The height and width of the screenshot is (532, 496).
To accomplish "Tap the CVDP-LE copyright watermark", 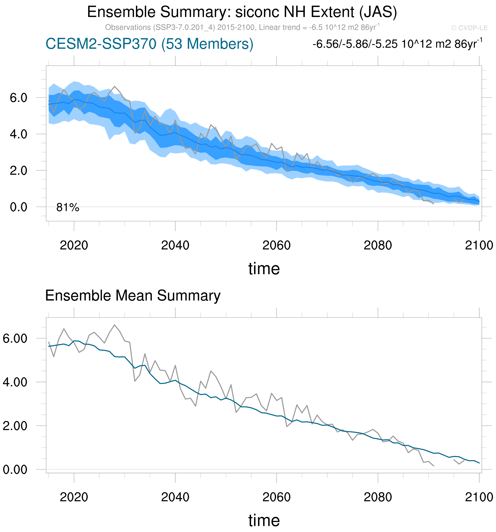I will (469, 28).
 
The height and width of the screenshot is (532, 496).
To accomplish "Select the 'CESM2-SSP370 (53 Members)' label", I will (149, 44).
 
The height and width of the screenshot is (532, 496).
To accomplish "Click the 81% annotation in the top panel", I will (68, 207).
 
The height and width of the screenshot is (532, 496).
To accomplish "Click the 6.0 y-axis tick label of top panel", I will (18, 98).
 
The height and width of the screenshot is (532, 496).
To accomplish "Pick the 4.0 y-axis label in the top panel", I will (18, 134).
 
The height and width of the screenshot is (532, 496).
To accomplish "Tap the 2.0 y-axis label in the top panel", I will (18, 171).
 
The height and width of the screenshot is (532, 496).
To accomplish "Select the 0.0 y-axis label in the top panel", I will (18, 207).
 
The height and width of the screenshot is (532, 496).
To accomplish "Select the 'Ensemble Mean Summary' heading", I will (133, 296).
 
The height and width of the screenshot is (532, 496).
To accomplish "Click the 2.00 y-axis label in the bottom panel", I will (15, 426).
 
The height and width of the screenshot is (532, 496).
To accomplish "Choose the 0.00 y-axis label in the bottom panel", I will (15, 470).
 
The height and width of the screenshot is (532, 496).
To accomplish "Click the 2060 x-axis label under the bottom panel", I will (276, 497).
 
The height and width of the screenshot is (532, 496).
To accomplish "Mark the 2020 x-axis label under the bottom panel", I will (74, 497).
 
